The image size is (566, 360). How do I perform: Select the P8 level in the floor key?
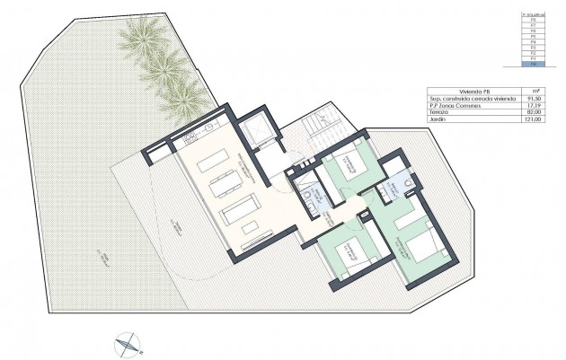click(535, 21)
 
